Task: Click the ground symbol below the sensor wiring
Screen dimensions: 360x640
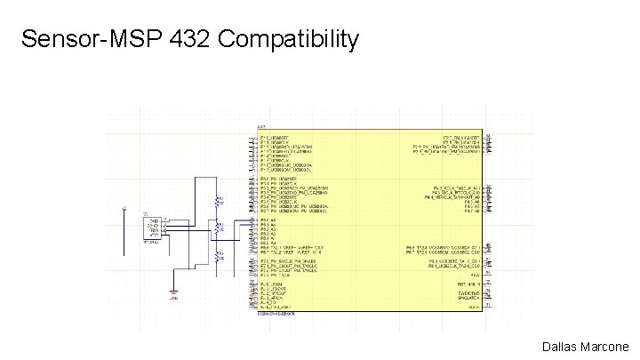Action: tap(174, 292)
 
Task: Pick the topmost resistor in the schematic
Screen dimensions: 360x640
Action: tap(217, 203)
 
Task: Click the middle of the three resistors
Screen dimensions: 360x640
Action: tap(217, 228)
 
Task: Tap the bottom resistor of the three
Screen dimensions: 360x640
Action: tap(217, 255)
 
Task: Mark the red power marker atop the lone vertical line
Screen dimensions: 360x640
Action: tap(124, 210)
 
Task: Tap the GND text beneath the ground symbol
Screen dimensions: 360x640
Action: tap(174, 300)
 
